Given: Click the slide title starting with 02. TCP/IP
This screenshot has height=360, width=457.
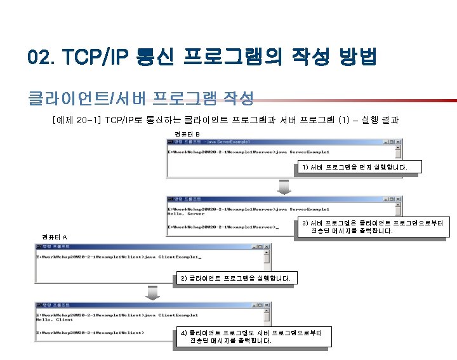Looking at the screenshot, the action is pos(202,58).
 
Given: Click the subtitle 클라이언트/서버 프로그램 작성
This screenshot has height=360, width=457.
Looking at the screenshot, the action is pos(140,98).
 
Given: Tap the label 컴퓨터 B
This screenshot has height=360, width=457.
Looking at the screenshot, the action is pos(187,134).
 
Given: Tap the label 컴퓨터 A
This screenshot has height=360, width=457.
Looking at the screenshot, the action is pos(55,237).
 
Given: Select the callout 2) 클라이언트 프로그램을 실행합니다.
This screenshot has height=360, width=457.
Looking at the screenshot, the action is pos(236,278).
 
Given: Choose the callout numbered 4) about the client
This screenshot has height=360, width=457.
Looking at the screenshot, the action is pos(251,337).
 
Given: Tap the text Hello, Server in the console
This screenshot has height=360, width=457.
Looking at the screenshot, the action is pos(186,215).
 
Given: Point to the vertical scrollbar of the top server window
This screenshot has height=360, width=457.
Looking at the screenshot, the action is pos(398,153).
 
